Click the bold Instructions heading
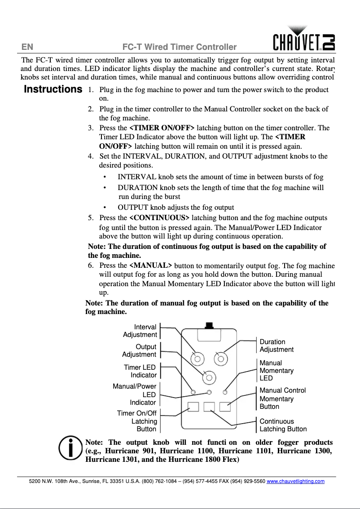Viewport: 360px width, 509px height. point(53,89)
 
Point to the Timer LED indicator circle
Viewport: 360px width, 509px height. point(193,392)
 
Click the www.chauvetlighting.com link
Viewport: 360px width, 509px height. point(295,481)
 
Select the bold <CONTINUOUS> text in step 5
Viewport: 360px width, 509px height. point(159,218)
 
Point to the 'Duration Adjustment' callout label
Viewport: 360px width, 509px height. point(277,345)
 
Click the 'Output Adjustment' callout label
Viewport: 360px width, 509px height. point(139,350)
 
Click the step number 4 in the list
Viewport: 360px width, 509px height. point(90,156)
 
